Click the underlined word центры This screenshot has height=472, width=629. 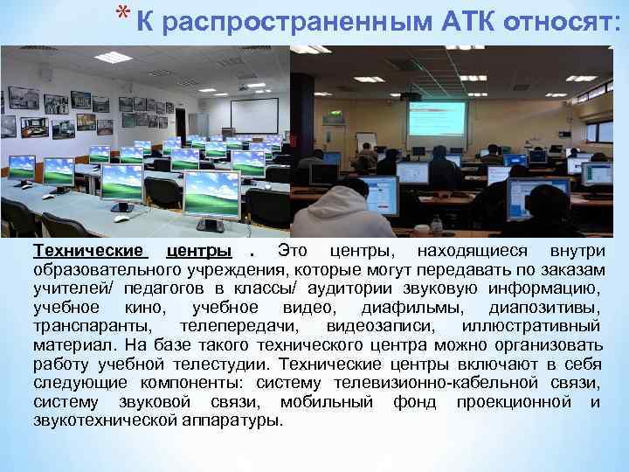204,252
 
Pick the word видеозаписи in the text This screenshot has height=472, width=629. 401,326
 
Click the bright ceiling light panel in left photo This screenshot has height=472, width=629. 114,57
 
